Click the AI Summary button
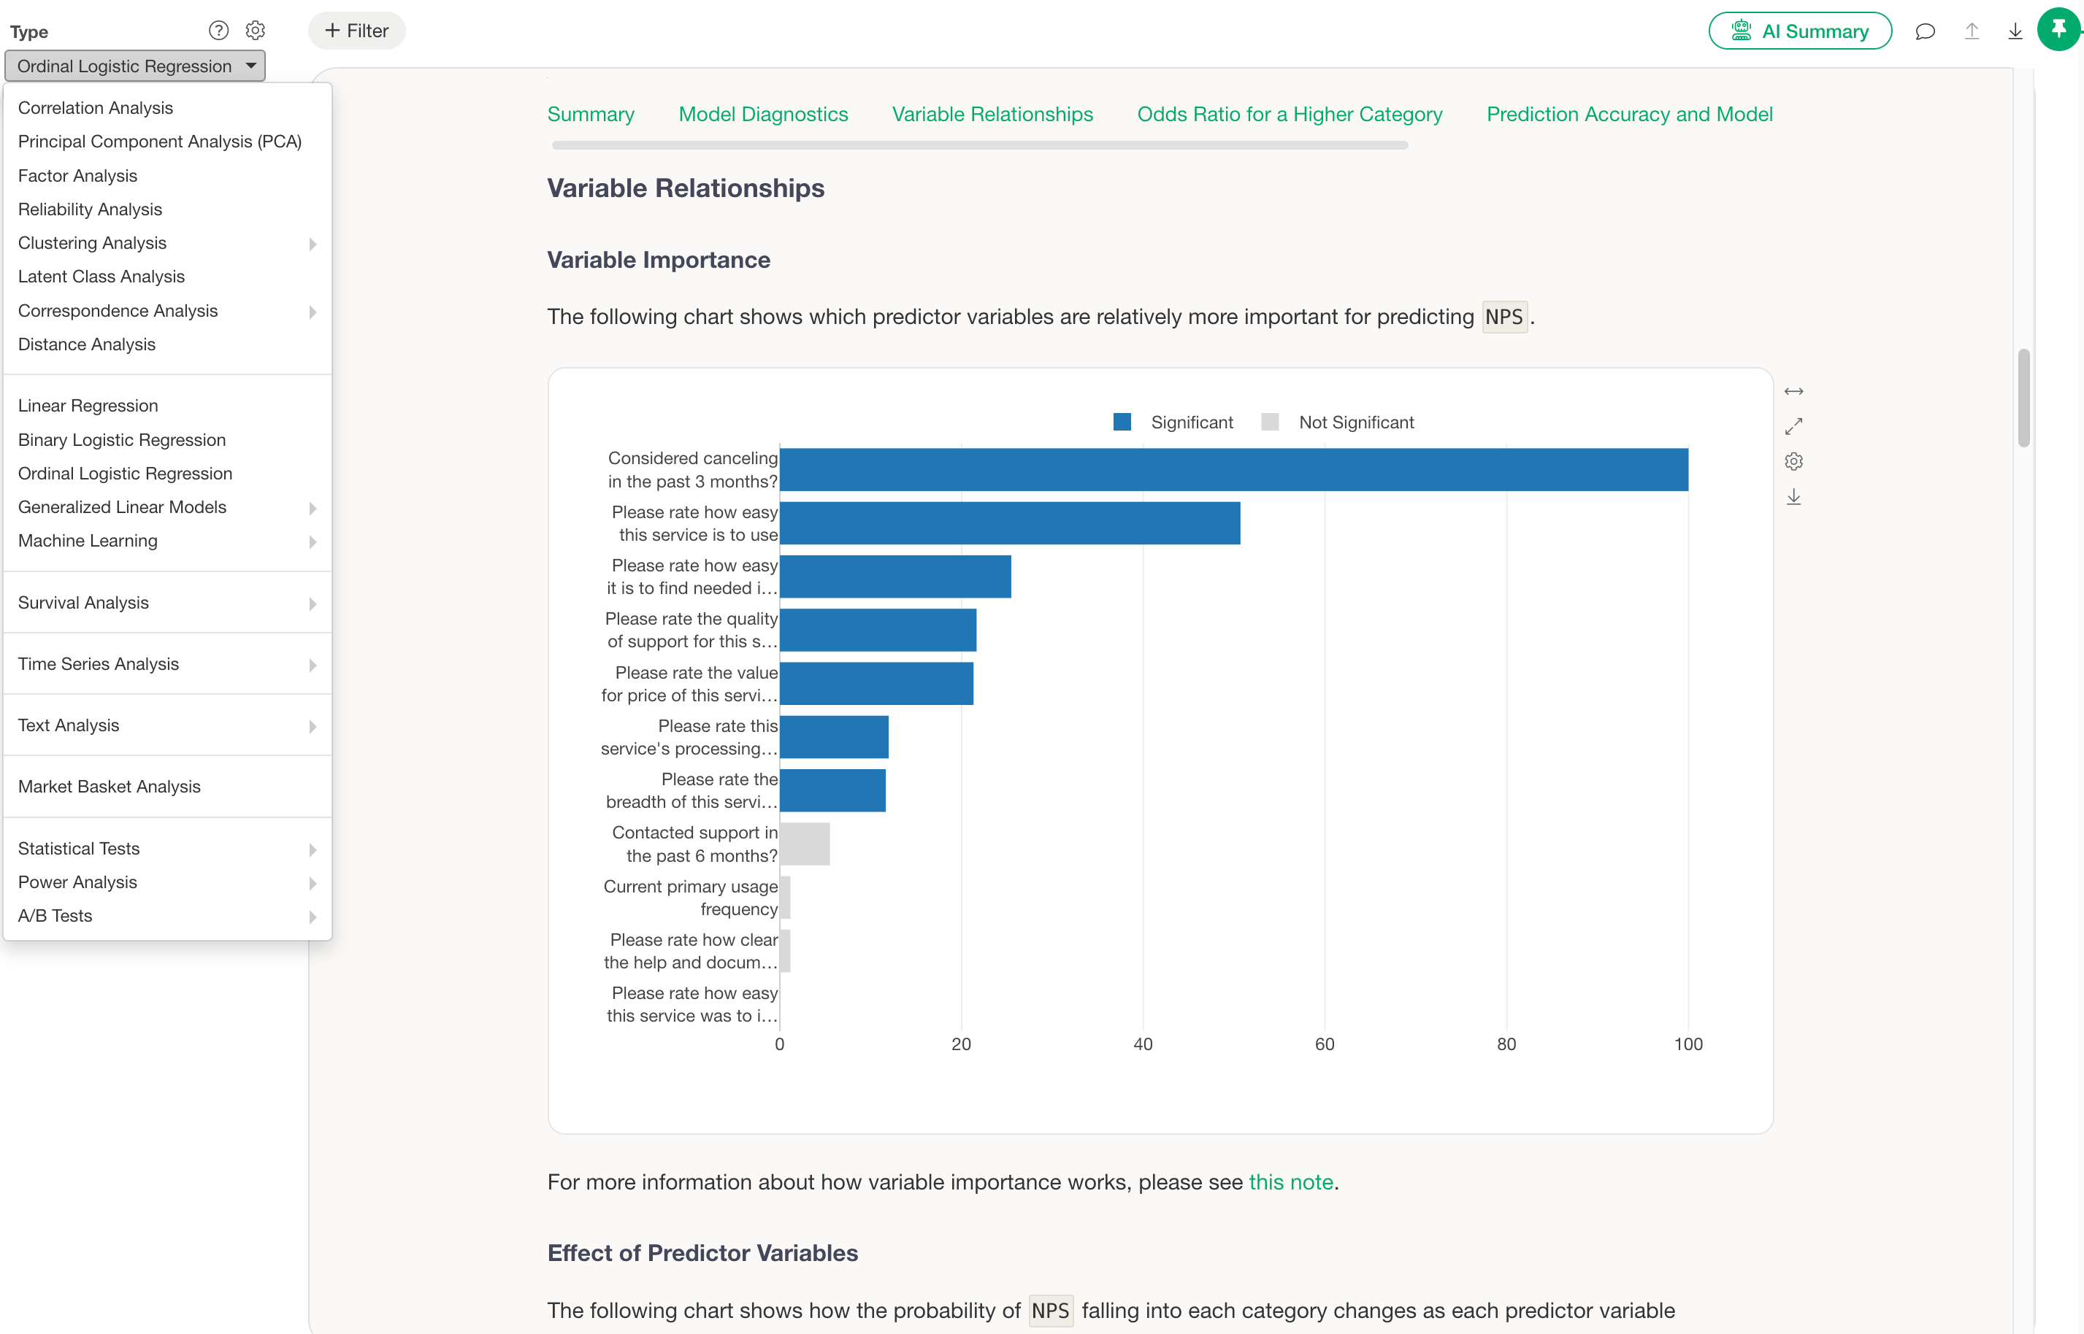coord(1800,31)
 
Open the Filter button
coord(357,31)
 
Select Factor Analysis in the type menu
coord(78,176)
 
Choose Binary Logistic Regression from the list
coord(122,440)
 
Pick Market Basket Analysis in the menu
coord(110,787)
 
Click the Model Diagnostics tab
coord(763,115)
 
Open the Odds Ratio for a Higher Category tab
coord(1290,115)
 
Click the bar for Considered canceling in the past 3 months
coord(1234,469)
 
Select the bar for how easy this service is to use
coord(1009,523)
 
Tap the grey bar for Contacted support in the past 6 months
coord(805,844)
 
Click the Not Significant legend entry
coord(1338,422)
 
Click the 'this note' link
coord(1290,1182)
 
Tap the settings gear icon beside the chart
coord(1793,462)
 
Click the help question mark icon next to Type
coord(218,31)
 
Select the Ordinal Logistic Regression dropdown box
coord(135,66)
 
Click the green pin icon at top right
coord(2059,29)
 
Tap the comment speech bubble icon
coord(1926,31)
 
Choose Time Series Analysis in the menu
coord(99,664)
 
